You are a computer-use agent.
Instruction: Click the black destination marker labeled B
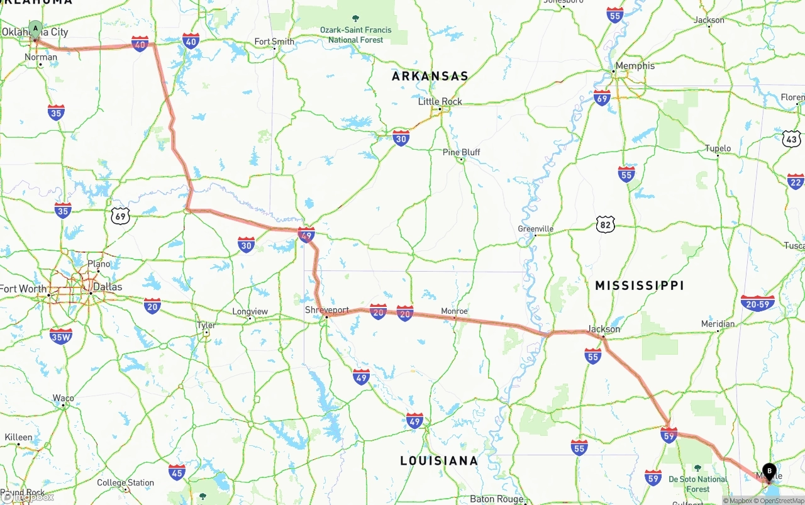pos(769,472)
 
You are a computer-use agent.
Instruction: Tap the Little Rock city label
pos(440,101)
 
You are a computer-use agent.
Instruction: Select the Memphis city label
pos(635,65)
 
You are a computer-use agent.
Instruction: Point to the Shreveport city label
pos(326,310)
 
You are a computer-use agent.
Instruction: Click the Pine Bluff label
pos(461,152)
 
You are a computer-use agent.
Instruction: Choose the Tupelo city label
pos(718,148)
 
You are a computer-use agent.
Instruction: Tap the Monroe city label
pos(454,311)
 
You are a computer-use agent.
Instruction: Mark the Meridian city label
pos(718,324)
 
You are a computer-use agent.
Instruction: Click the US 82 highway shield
pos(605,224)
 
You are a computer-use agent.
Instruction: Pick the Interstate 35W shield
pos(61,336)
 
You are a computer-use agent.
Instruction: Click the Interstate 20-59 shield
pos(757,303)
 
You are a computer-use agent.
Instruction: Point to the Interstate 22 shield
pos(796,181)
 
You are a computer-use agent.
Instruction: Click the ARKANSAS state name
pos(430,76)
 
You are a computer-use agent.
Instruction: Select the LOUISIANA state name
pos(439,461)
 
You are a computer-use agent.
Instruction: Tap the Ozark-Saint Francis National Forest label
pos(355,35)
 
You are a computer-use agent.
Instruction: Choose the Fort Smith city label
pos(274,42)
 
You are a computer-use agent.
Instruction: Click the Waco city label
pos(63,398)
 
